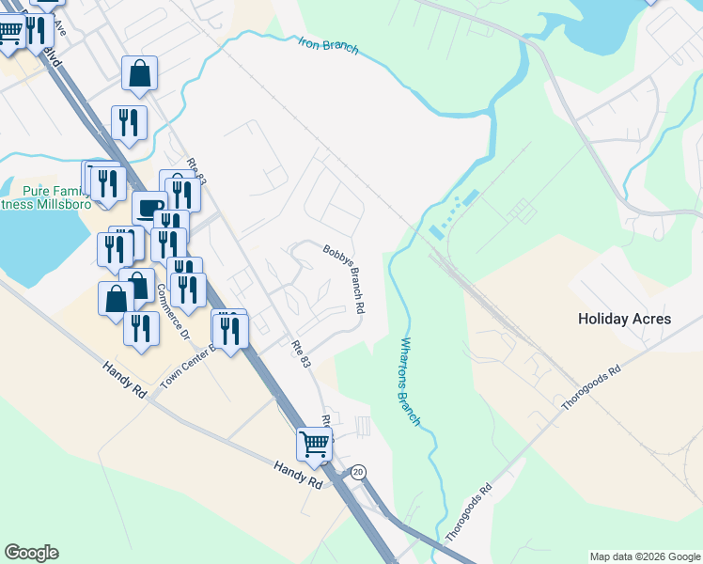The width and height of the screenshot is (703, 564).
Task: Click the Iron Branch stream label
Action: pos(329,45)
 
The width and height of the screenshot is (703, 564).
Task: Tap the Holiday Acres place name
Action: pos(624,319)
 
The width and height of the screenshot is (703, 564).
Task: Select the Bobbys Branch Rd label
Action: pos(344,279)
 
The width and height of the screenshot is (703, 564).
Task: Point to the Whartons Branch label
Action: pos(411,382)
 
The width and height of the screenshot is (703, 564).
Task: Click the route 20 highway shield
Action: pos(358,471)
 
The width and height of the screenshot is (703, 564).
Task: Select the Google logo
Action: pos(31,553)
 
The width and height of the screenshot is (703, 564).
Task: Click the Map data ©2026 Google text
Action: pos(645,556)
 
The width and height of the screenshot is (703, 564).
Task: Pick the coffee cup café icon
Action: pos(148,207)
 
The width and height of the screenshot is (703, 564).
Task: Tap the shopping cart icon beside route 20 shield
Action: pos(315,442)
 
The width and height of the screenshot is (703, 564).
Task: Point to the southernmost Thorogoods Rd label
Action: pos(469,510)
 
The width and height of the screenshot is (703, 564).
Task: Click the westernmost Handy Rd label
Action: pos(123,377)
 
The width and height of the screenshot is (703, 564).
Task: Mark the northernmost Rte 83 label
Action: pos(195,171)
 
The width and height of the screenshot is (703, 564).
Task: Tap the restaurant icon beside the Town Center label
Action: pos(228,329)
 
